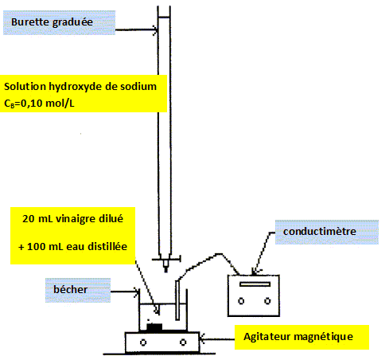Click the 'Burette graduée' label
click(x=52, y=22)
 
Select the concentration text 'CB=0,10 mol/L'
click(x=39, y=104)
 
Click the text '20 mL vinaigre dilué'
click(x=72, y=219)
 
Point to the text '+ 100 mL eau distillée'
click(x=72, y=247)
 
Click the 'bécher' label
click(x=70, y=289)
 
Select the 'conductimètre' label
click(x=320, y=231)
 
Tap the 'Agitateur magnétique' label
click(x=298, y=337)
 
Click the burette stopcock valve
click(x=166, y=259)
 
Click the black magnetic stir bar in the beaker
click(x=154, y=327)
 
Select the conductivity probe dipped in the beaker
click(x=177, y=300)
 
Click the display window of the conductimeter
click(x=255, y=284)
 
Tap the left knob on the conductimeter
click(x=241, y=301)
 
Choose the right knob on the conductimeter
click(x=267, y=301)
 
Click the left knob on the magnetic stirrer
click(x=143, y=342)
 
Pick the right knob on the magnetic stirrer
click(x=183, y=342)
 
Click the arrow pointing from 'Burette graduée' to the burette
click(x=137, y=30)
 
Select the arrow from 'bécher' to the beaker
click(x=125, y=292)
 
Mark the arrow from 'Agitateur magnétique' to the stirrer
click(x=217, y=338)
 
